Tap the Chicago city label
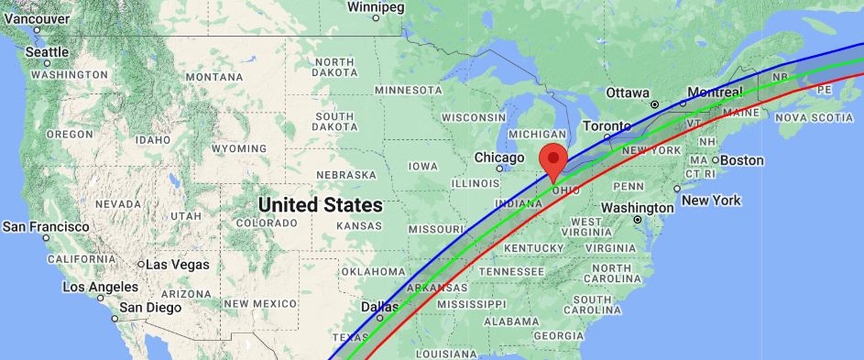[x=498, y=158]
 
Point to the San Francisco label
[x=46, y=226]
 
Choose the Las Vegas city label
[x=178, y=264]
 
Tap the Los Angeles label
[x=100, y=287]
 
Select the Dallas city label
[x=379, y=307]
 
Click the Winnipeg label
[x=376, y=7]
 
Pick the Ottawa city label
[x=628, y=93]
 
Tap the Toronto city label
[x=607, y=125]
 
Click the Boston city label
[x=742, y=160]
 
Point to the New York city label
[x=712, y=200]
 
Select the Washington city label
[x=638, y=208]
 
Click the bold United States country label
[x=320, y=203]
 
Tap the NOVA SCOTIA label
[x=820, y=118]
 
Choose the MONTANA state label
[x=213, y=78]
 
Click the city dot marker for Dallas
[x=379, y=318]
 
